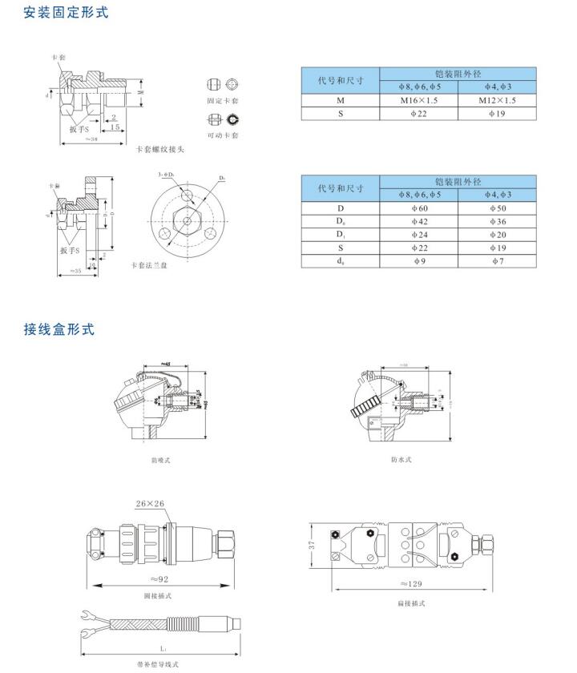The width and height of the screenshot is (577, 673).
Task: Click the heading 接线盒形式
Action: click(x=59, y=329)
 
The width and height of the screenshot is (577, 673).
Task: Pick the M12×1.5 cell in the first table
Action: click(x=497, y=101)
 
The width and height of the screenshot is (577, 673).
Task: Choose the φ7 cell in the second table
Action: click(x=497, y=261)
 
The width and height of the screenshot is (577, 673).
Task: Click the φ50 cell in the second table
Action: click(x=497, y=208)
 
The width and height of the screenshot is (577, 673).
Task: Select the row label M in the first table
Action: click(x=341, y=101)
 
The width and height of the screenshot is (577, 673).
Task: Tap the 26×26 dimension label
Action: click(x=150, y=504)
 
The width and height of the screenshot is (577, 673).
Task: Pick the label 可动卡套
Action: click(x=223, y=135)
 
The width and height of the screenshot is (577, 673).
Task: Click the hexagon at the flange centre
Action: click(x=187, y=219)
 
